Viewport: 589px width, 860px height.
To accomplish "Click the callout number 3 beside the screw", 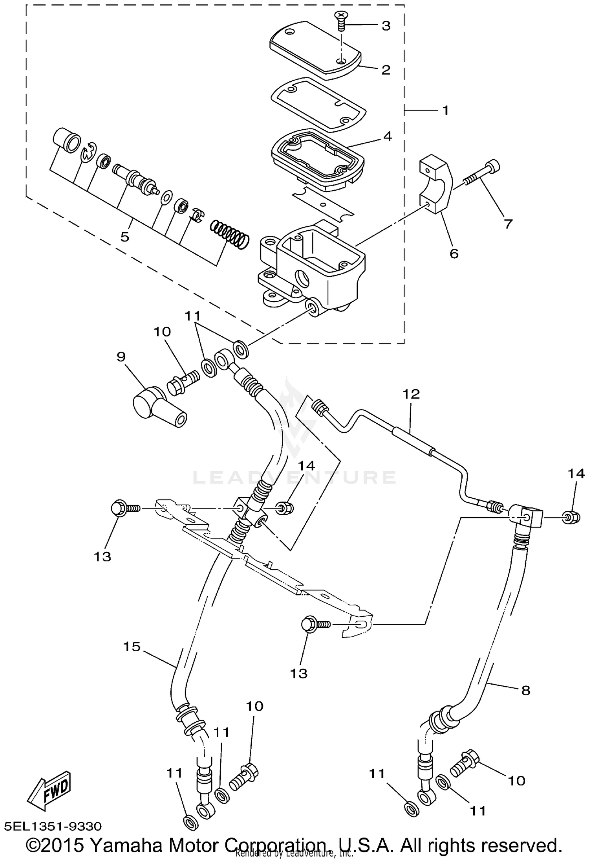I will pos(386,26).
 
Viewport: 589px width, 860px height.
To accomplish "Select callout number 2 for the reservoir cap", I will pos(386,70).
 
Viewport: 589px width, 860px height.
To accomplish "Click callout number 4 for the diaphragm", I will pos(388,136).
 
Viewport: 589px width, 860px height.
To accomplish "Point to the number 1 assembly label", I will pos(445,110).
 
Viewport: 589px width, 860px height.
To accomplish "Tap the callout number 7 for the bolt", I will pos(508,224).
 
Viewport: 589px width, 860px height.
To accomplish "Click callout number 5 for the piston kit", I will pos(125,237).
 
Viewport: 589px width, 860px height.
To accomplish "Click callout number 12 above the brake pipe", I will pos(411,394).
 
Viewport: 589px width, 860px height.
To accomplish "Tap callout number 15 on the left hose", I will pos(132,646).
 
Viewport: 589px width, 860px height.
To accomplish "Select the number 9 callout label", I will pos(121,356).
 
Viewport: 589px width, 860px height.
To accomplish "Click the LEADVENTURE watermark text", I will pos(294,478).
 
